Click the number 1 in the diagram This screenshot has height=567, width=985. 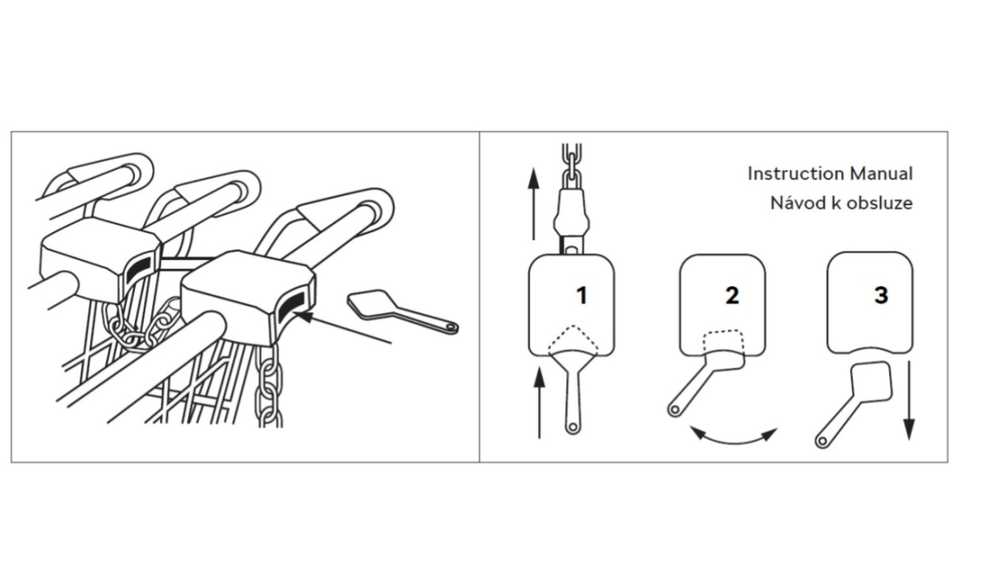(581, 295)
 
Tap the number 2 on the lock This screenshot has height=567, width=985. (732, 295)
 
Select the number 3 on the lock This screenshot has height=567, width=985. (881, 295)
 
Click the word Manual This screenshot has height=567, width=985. (881, 174)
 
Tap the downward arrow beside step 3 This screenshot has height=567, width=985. (908, 400)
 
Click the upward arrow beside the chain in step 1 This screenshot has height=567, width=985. (534, 203)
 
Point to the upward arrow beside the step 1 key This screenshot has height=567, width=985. (539, 403)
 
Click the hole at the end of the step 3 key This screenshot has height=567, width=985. (822, 442)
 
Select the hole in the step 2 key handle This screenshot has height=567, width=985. (674, 410)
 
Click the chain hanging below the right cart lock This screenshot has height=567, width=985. (269, 385)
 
